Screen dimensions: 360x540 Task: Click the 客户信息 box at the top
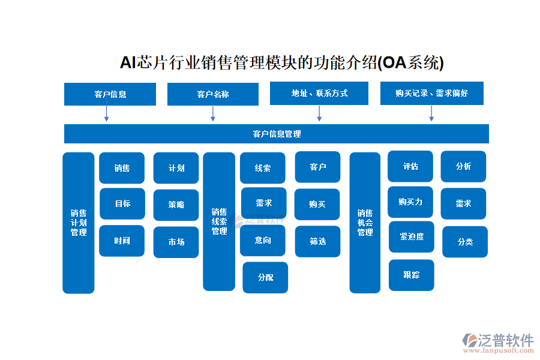pos(110,94)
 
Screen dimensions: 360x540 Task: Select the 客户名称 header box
pos(212,94)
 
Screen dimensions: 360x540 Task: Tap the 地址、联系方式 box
pos(319,94)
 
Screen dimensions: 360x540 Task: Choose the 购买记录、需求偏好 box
pos(431,94)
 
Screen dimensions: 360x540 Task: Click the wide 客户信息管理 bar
pos(276,134)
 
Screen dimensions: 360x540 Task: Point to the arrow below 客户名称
pos(213,114)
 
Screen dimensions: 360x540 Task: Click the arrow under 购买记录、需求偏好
pos(431,113)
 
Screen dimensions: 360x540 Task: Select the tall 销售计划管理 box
pos(79,223)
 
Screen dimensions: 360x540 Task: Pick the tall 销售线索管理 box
pos(219,221)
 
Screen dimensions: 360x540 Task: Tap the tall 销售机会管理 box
pos(365,223)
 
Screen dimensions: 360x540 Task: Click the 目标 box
pos(122,204)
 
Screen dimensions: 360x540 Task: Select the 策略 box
pos(176,205)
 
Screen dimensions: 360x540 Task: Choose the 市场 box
pos(176,242)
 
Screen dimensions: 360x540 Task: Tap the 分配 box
pos(265,278)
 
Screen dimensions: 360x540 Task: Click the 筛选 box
pos(317,241)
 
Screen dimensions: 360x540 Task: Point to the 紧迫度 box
pos(412,237)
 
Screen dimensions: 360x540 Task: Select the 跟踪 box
pos(412,275)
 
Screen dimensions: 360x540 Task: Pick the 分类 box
pos(465,242)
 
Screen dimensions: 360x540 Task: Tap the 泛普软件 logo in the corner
pos(498,342)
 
